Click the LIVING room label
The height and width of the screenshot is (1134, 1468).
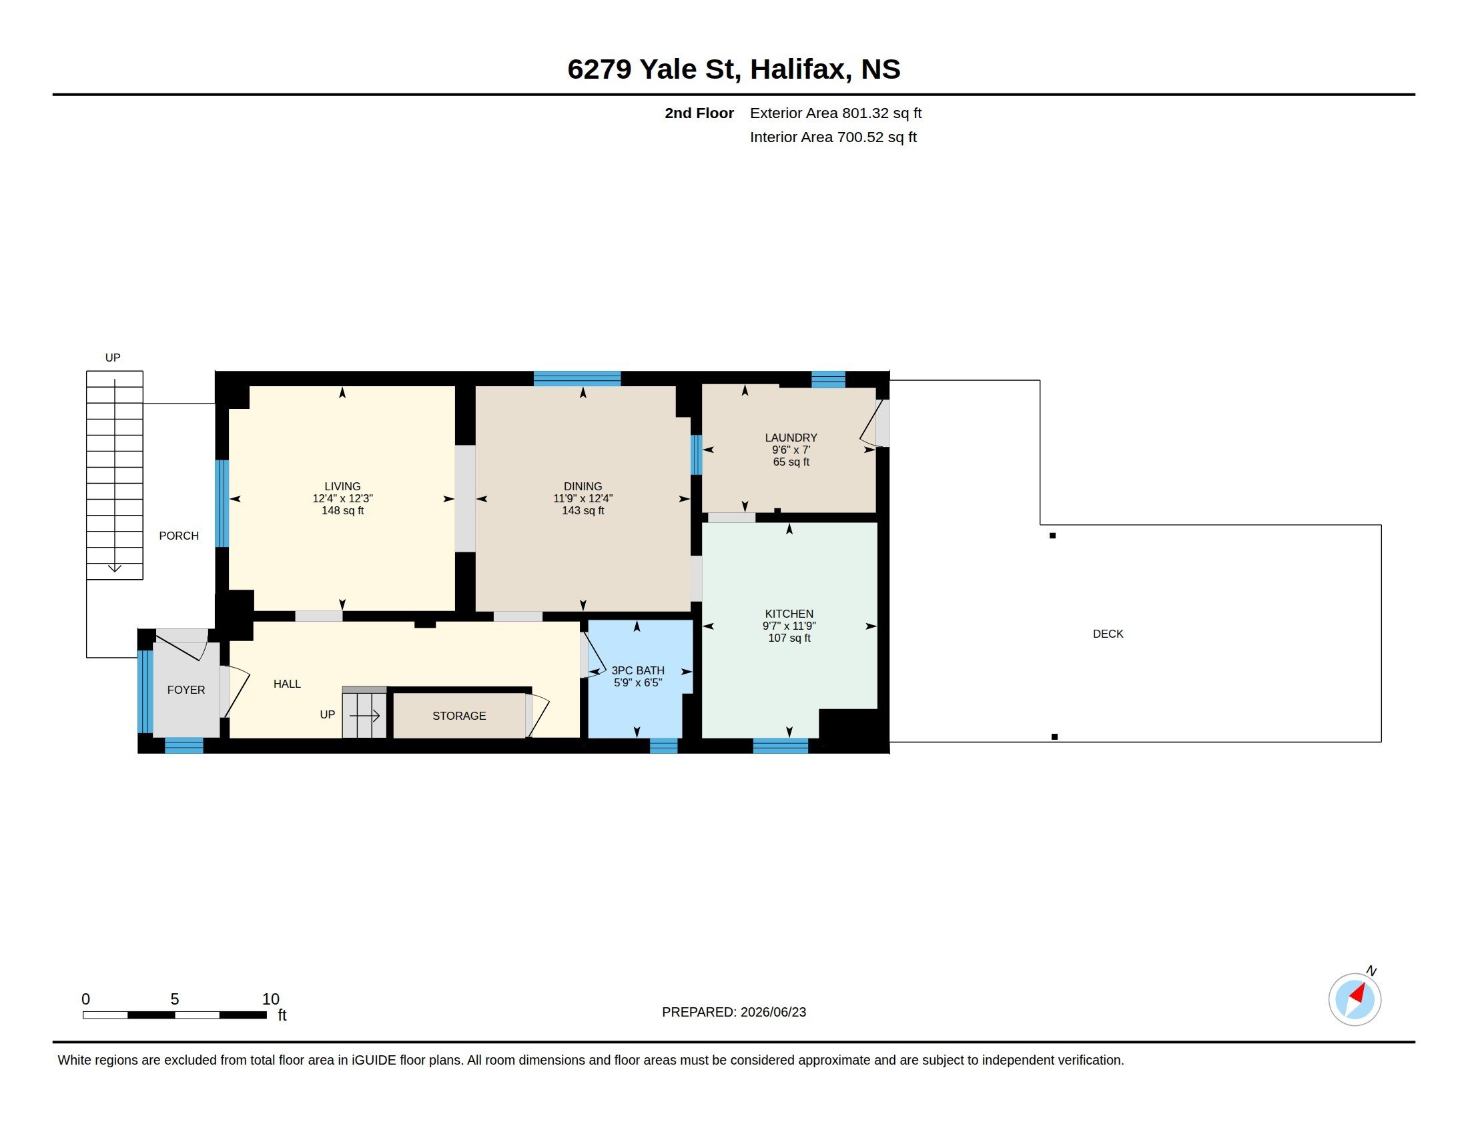(x=342, y=486)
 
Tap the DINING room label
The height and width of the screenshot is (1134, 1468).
(x=583, y=486)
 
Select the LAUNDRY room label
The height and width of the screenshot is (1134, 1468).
(x=791, y=438)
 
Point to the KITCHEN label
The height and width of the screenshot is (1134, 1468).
(x=789, y=614)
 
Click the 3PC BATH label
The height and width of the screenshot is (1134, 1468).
(x=638, y=670)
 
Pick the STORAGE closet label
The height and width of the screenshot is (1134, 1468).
(x=459, y=716)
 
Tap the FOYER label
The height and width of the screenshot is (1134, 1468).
(x=186, y=690)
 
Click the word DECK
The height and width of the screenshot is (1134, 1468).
(x=1108, y=634)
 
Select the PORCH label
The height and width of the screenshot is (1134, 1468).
(x=179, y=536)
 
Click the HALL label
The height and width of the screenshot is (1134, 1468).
(x=287, y=684)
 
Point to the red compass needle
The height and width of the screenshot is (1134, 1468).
(x=1358, y=993)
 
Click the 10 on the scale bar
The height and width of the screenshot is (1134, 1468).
(x=271, y=999)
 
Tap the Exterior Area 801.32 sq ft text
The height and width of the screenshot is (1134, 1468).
(x=835, y=113)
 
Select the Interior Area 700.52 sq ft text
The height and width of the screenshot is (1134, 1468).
(x=833, y=137)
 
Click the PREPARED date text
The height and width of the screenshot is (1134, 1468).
(x=734, y=1012)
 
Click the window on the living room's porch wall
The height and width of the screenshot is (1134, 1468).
(x=222, y=503)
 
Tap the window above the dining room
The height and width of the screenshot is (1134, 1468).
(x=577, y=378)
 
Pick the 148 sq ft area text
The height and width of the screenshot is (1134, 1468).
(x=343, y=510)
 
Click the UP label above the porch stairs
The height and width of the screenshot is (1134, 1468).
(x=113, y=358)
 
